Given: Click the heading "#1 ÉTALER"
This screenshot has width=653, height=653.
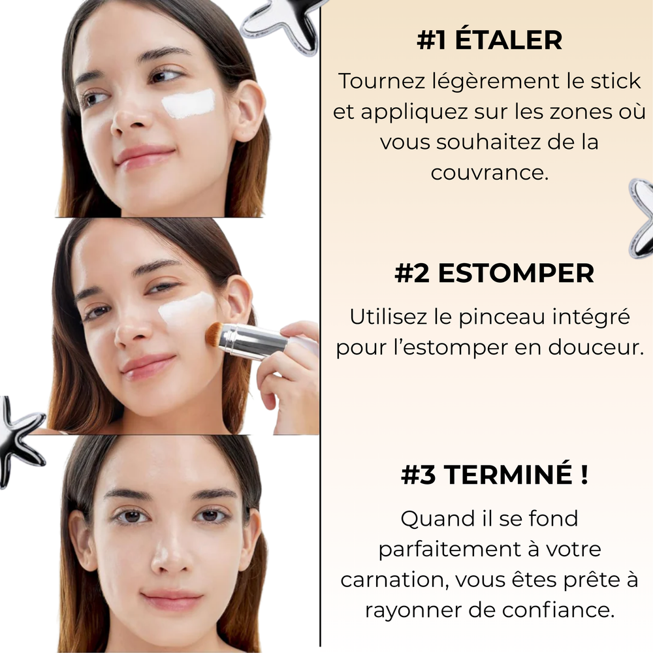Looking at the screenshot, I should click(x=489, y=40).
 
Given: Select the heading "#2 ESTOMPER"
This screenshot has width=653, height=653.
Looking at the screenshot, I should click(x=494, y=274).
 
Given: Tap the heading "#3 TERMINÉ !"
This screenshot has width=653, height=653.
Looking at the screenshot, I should click(x=494, y=475).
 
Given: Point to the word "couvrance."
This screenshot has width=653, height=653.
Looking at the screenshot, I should click(x=489, y=172).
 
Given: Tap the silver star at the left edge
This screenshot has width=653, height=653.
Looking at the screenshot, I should click(x=20, y=441).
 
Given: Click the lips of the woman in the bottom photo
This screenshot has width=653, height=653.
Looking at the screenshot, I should click(x=172, y=599).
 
